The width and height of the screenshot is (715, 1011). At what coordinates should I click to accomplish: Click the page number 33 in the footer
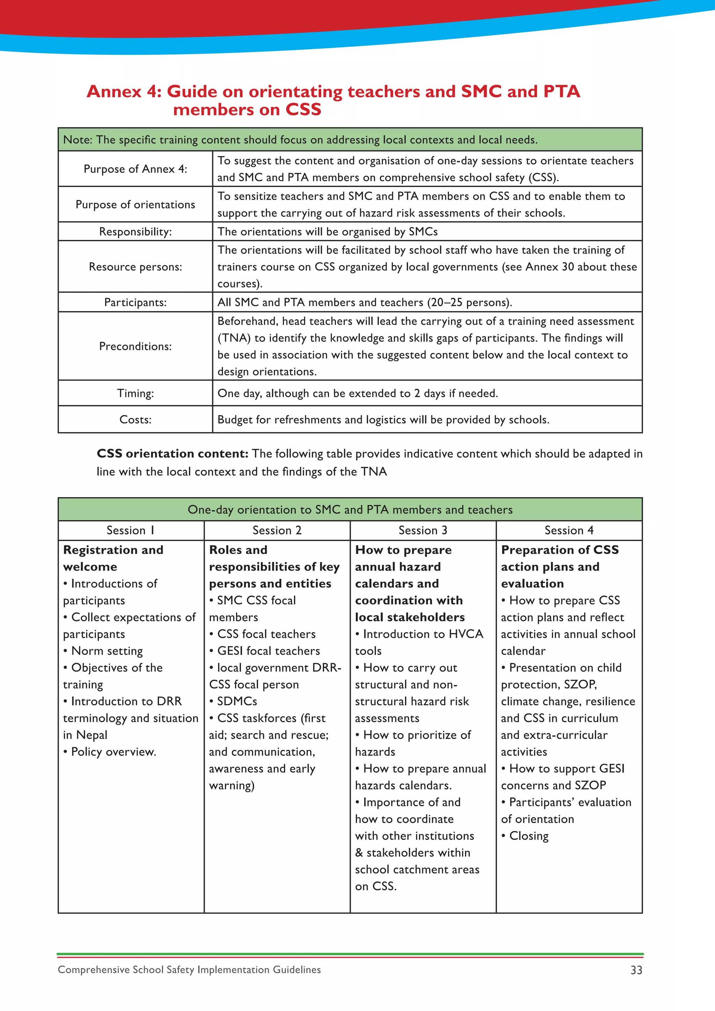(x=636, y=970)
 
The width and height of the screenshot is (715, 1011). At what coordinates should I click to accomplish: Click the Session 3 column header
(x=423, y=530)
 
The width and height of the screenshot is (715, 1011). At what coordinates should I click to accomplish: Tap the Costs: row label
(x=135, y=420)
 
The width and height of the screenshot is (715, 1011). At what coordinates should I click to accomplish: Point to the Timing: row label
(x=135, y=393)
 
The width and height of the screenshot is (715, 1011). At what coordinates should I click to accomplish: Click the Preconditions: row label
(x=135, y=346)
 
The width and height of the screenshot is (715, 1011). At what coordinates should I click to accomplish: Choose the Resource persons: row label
(x=135, y=267)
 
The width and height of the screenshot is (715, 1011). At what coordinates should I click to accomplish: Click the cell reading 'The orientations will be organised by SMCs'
(x=327, y=231)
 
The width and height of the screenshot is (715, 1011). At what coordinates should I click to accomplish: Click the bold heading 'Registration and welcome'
(x=113, y=558)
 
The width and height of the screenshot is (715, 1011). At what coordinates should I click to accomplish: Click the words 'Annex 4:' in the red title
(x=124, y=91)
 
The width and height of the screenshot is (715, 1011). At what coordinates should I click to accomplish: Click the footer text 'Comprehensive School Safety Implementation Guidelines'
(x=189, y=969)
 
